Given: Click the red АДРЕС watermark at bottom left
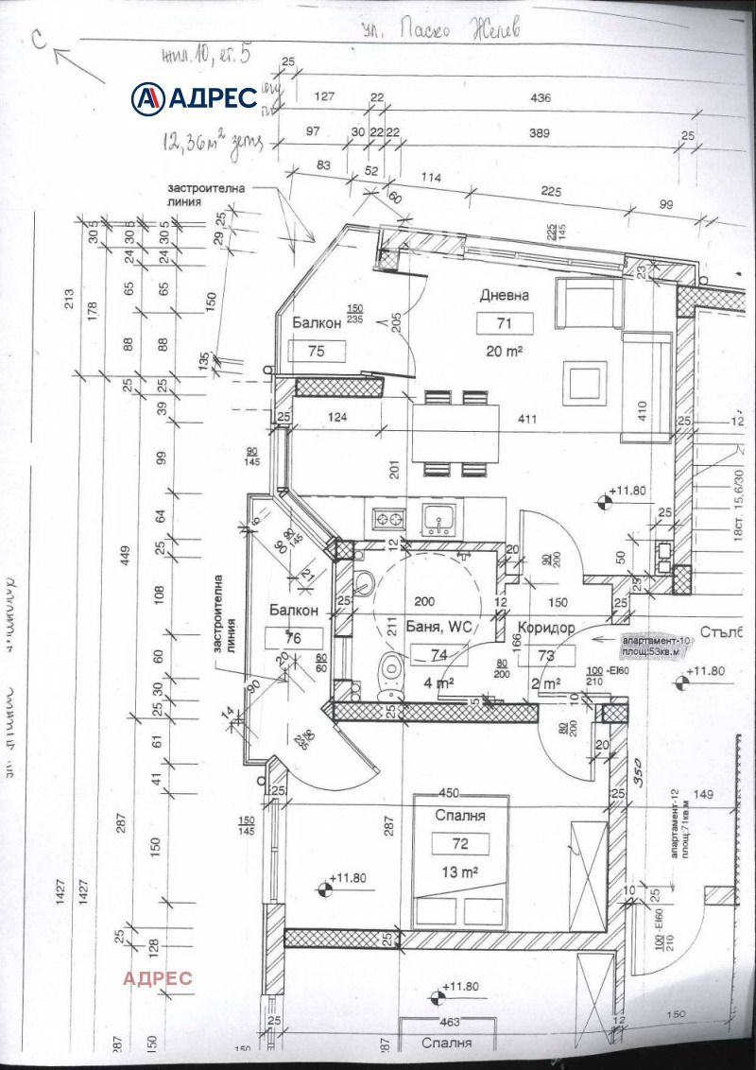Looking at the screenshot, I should click(x=157, y=977).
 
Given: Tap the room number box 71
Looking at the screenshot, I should click(x=505, y=323).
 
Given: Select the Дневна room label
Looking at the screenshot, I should click(x=505, y=295).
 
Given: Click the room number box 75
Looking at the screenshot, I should click(x=315, y=352).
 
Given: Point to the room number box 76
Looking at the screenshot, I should click(x=293, y=638).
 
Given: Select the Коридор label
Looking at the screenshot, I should click(x=546, y=626).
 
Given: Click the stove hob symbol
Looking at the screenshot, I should click(x=388, y=518).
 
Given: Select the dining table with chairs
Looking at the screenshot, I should click(x=455, y=433).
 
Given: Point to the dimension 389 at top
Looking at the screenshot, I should click(x=540, y=134).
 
